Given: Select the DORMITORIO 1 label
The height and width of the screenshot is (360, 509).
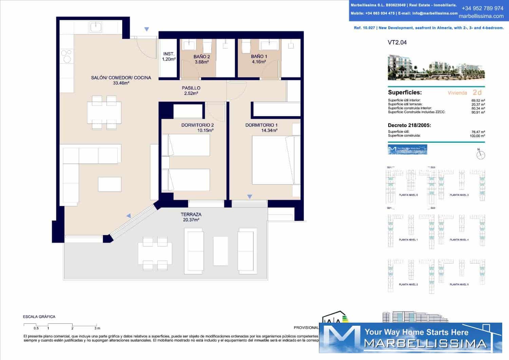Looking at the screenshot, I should click(x=261, y=125).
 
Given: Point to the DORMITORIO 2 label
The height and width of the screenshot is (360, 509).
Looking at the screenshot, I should click(x=197, y=125).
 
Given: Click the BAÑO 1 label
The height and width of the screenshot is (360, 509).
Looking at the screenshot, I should click(x=259, y=56).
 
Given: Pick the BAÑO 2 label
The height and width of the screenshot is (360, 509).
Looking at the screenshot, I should click(x=202, y=57).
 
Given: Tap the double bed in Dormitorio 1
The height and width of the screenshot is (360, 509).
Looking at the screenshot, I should click(x=276, y=160).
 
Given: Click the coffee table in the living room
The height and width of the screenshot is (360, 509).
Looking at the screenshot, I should click(x=110, y=184).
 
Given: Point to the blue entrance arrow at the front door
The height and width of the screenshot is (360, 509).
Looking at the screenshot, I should click(x=147, y=30).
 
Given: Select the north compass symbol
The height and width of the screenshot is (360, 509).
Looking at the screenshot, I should click(x=480, y=155).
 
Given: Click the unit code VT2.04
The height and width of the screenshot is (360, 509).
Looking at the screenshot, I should click(x=397, y=42).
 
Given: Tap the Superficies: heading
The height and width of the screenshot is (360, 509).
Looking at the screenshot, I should click(x=404, y=92).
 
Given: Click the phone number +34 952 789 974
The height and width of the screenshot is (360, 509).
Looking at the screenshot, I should click(x=482, y=8).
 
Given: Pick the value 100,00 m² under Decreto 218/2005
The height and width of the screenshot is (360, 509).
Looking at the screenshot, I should click(x=477, y=136).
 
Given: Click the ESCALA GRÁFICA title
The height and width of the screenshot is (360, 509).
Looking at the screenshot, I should click(x=39, y=317).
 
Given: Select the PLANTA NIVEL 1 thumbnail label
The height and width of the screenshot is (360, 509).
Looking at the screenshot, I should click(x=408, y=240).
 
